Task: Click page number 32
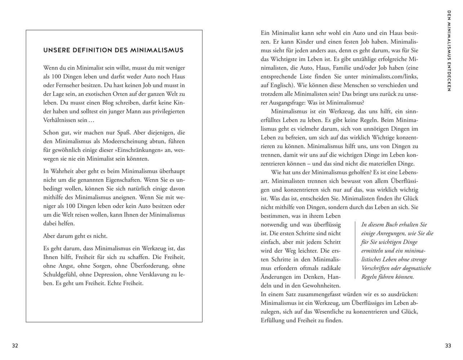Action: coord(15,346)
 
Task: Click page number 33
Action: coord(448,346)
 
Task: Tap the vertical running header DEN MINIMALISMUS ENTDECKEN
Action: coord(449,51)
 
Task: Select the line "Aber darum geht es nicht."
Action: coord(75,236)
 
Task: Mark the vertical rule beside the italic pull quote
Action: coord(356,250)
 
